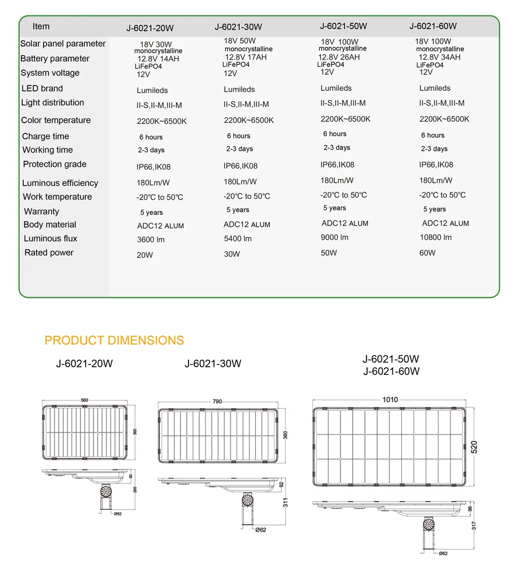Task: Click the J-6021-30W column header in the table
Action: pos(238,27)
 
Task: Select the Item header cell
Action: pos(41,26)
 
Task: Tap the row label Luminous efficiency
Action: pos(60,183)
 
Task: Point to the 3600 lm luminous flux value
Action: pos(151,240)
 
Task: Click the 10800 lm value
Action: pos(435,238)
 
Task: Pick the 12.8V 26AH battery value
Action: pos(338,57)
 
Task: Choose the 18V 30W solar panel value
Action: pos(156,45)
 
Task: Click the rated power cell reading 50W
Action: pos(329,253)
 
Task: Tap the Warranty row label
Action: pos(42,212)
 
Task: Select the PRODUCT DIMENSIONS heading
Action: pos(114,341)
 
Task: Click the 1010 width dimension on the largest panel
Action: pos(390,399)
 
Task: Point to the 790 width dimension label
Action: pos(217,402)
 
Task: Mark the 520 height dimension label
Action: pos(474,447)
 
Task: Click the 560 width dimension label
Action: pos(85,400)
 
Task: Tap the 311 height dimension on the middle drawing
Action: pos(285,503)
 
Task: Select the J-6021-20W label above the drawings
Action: pos(84,364)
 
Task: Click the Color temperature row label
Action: pos(56,120)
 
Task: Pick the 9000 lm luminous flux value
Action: pos(335,238)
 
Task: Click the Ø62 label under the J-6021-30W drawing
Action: pos(261,530)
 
